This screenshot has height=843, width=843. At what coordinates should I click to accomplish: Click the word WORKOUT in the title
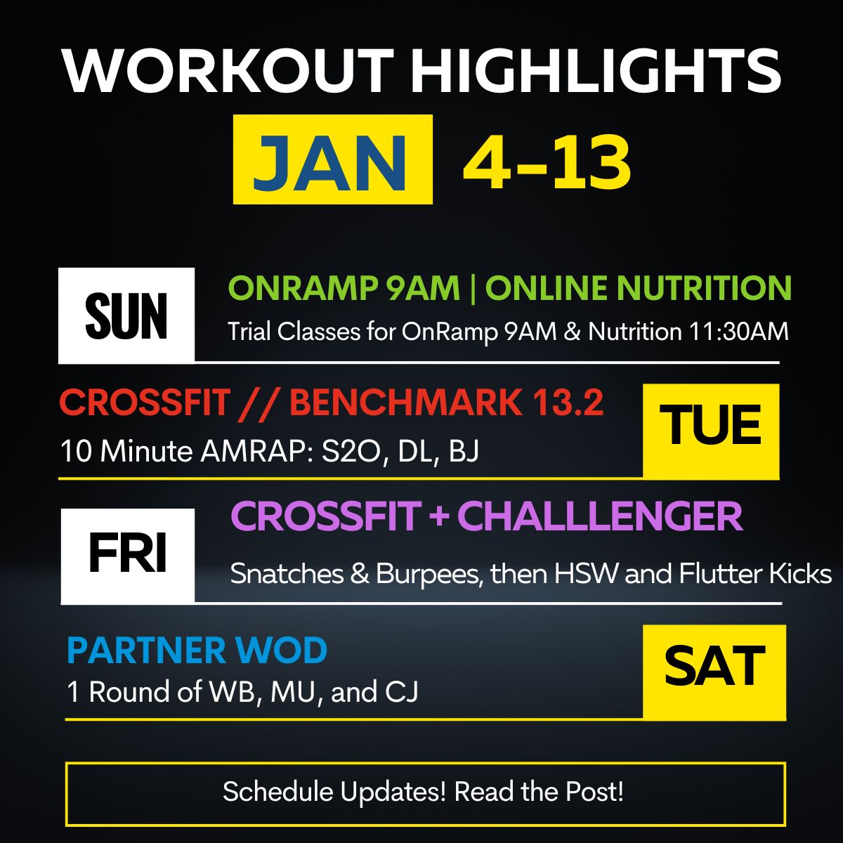coord(228,72)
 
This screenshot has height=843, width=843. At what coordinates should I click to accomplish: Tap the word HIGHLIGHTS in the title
coord(596,72)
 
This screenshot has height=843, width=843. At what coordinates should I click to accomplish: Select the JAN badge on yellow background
coord(333,159)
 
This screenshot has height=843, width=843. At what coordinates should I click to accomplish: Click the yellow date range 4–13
coord(547,162)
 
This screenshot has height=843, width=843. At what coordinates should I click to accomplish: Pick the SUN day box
coord(126,315)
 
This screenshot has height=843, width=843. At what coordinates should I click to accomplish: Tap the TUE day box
coord(711,431)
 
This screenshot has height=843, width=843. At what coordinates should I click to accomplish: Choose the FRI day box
coord(128,556)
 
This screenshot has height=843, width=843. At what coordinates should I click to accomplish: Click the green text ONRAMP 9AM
coord(344,288)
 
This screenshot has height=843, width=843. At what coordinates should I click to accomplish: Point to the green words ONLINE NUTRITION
coord(639,288)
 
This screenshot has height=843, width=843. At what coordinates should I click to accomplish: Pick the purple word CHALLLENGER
coord(600,516)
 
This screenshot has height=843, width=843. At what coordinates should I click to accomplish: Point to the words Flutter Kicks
coord(755,573)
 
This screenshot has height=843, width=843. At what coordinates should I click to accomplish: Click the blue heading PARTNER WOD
coord(197,650)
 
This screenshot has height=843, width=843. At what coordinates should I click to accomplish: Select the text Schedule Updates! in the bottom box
coord(334,792)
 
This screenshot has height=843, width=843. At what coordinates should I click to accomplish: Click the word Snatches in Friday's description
coord(287,573)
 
